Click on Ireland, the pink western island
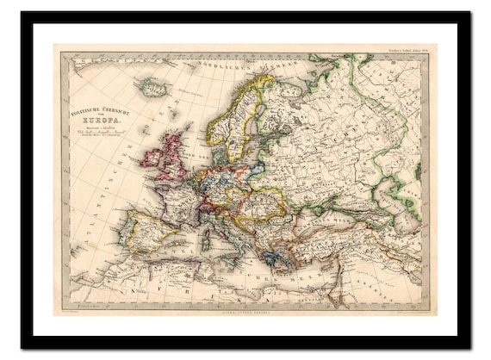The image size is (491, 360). [156, 157]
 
